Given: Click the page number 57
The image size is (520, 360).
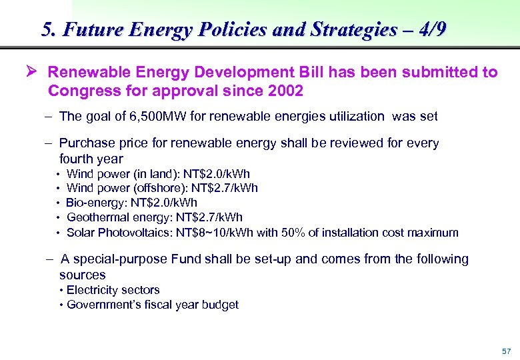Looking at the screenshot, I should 506,351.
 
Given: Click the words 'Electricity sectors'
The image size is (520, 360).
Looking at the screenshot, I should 113,290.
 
